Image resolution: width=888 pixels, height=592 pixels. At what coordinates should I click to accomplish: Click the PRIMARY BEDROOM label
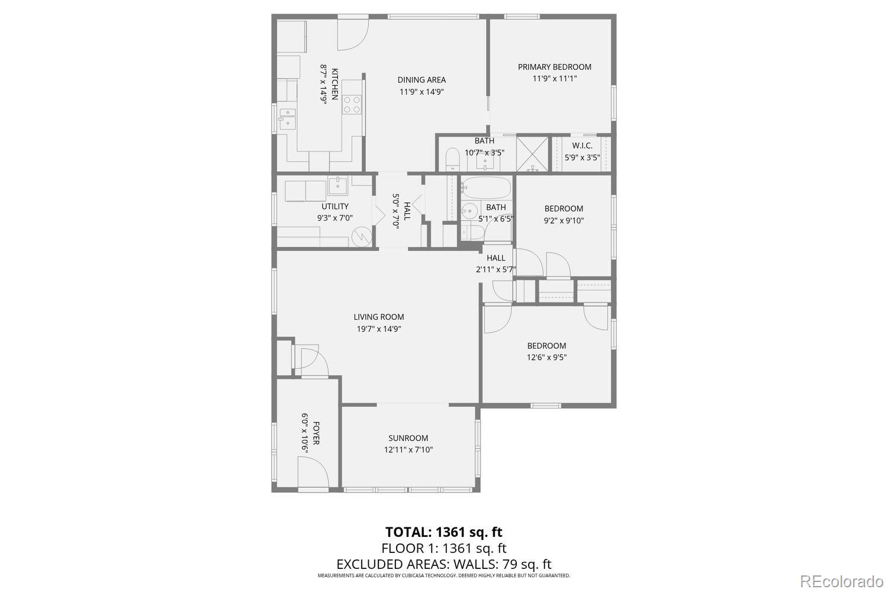[554, 67]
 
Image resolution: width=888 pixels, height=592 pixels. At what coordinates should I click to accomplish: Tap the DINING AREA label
[422, 80]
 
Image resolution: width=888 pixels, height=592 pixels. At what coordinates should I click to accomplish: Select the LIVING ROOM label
[379, 317]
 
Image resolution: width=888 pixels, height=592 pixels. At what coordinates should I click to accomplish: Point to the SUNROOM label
[408, 438]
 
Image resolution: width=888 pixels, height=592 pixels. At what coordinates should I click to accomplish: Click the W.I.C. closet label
[582, 146]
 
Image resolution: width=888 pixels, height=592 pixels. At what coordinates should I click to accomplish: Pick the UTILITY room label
[334, 206]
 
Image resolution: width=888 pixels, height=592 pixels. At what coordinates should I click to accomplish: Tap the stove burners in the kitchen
[352, 104]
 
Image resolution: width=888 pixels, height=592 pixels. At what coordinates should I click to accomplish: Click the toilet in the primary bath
[452, 159]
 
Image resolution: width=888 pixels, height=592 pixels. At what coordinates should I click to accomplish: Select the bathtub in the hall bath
[486, 188]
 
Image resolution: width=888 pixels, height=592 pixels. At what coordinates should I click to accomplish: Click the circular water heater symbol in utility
[359, 237]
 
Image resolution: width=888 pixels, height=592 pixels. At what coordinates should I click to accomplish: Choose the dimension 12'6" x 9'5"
[546, 357]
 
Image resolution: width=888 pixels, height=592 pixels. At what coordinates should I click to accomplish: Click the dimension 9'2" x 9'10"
[564, 220]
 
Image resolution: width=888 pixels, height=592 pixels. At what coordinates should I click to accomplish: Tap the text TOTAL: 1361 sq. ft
[443, 532]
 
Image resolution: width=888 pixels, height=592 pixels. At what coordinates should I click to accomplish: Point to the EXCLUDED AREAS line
[443, 564]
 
